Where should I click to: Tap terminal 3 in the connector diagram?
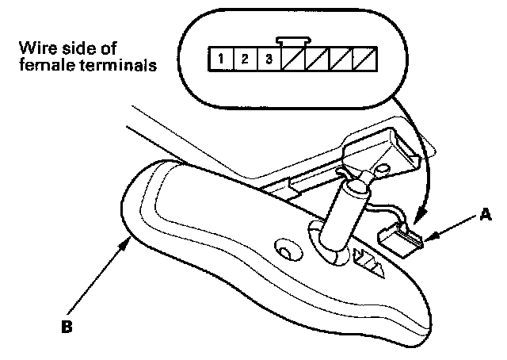tap(270, 58)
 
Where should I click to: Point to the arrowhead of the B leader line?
tap(126, 241)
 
